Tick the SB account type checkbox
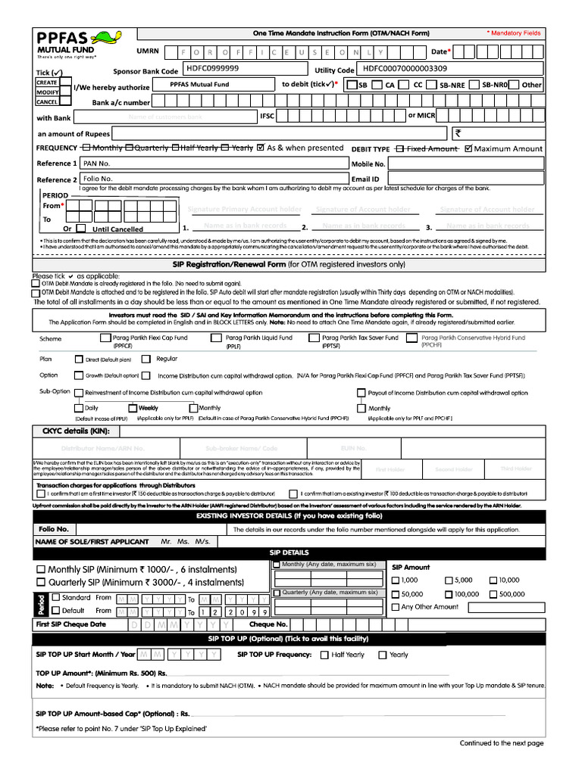352,86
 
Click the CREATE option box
47,82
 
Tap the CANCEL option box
47,101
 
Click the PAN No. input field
214,163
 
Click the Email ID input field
468,179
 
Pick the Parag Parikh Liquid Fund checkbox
216,338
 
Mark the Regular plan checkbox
147,359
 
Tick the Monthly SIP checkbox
41,569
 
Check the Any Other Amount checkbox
395,607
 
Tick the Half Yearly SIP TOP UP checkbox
324,655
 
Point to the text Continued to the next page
501,743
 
